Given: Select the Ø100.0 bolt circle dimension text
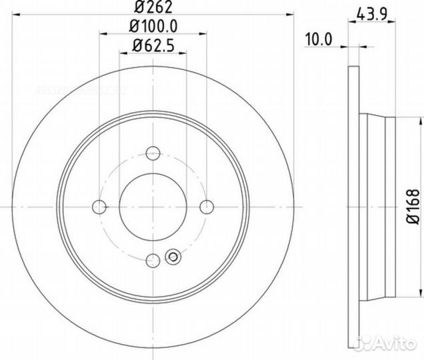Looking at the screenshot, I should tap(153, 29).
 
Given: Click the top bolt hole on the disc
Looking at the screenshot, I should tap(153, 152).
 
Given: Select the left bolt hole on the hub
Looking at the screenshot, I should tap(99, 206).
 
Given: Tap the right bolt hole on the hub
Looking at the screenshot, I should tap(207, 206).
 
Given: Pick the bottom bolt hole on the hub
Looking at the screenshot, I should tap(153, 260).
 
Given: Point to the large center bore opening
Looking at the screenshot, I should tap(153, 206).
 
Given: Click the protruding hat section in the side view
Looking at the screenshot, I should tap(377, 206).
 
